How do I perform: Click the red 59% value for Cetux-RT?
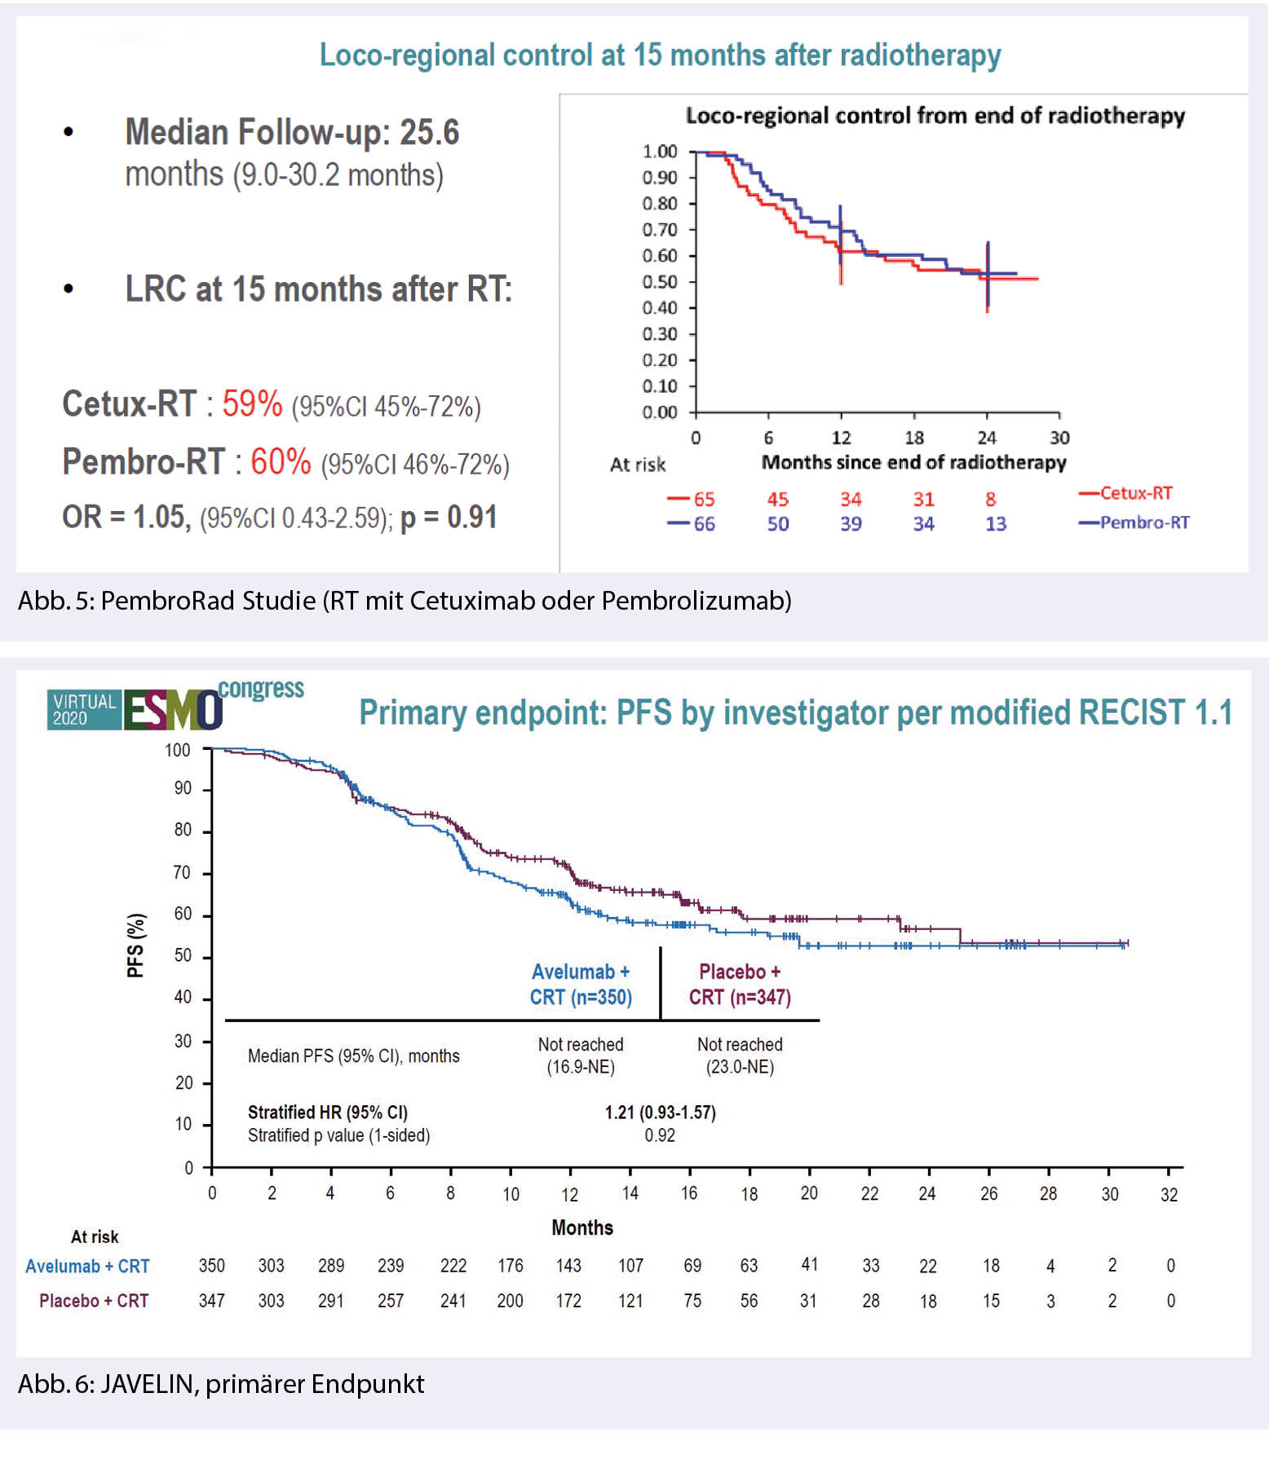252,404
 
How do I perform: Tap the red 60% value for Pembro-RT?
281,462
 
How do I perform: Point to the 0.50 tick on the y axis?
660,282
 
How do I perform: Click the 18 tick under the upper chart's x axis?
914,438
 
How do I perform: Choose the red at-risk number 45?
777,499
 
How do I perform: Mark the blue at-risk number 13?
995,524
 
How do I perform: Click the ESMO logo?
173,711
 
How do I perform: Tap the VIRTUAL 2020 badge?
84,710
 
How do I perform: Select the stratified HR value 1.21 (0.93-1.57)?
660,1113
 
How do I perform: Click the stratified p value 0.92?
660,1135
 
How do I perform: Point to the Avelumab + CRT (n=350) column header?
581,985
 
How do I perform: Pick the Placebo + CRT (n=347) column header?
740,985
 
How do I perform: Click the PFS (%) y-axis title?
135,945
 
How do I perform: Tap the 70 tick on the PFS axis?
183,873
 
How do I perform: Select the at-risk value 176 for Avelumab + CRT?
511,1266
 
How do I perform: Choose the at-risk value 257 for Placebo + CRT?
391,1301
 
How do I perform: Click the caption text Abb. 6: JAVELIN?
221,1384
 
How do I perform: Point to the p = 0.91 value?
449,518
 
